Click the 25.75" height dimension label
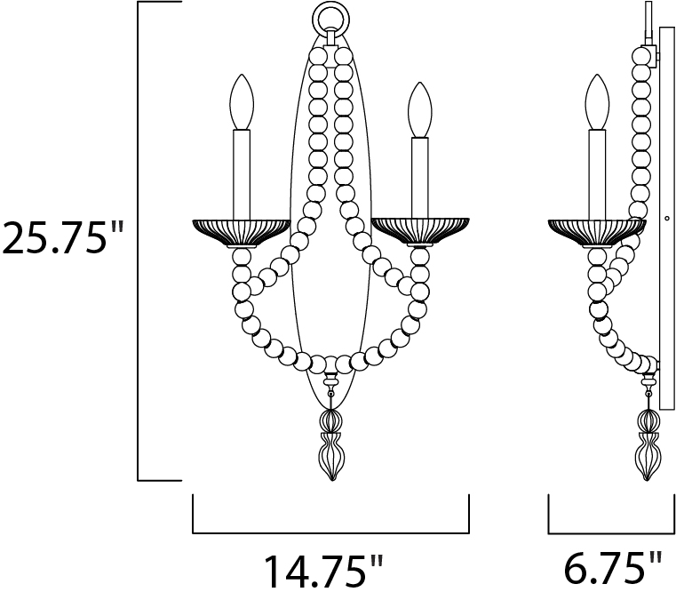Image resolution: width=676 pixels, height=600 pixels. [x=62, y=237]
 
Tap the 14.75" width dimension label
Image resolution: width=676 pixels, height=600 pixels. [x=323, y=572]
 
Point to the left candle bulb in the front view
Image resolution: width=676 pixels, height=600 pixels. [x=242, y=102]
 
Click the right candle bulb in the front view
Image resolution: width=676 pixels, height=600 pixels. [x=420, y=109]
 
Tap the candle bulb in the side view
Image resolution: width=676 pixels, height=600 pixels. [x=597, y=102]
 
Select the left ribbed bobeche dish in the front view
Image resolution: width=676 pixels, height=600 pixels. [x=242, y=233]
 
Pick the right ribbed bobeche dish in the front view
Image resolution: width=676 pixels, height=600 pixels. [x=420, y=233]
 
